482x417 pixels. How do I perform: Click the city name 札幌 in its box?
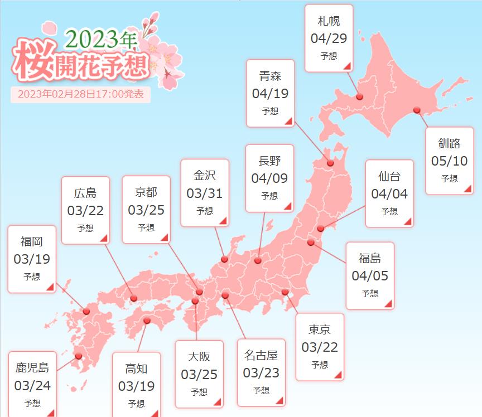point(329,21)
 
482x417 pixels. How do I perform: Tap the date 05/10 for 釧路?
point(449,161)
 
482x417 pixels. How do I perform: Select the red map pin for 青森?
point(330,163)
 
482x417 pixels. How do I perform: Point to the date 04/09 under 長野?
point(269,178)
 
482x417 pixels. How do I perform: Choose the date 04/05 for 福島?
point(370,275)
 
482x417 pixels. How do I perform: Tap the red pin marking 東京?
point(285,292)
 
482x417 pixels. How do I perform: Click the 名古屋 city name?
point(261,355)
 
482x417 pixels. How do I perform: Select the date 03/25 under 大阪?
point(199,374)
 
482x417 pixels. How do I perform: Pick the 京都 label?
point(146,192)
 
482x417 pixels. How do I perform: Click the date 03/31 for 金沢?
point(204,193)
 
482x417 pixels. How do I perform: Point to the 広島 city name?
point(85,193)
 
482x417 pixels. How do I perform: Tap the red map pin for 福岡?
point(86,311)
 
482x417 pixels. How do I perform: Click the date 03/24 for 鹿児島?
point(32,385)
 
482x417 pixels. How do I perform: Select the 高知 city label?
point(137,368)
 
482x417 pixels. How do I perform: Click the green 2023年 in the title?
point(101,39)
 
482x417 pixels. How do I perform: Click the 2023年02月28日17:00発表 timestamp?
point(80,94)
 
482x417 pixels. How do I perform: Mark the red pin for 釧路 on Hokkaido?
point(416,110)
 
